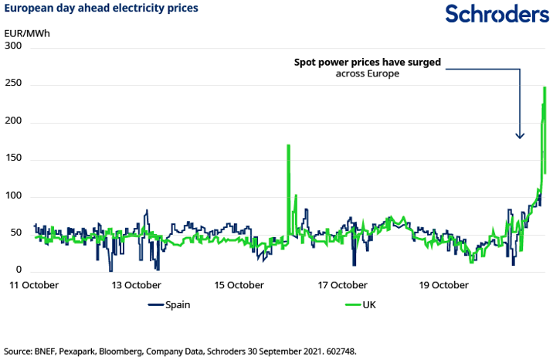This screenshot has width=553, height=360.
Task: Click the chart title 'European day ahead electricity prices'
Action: coord(101,8)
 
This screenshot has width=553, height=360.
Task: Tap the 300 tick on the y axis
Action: coord(14,47)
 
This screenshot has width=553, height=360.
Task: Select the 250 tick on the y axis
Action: coord(14,84)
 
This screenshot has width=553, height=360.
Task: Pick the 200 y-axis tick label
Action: coord(14,122)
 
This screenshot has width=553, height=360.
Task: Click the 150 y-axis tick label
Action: coord(14,159)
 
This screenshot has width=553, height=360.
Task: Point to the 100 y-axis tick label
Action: coord(14,196)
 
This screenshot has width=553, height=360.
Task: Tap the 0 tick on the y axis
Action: coord(19,270)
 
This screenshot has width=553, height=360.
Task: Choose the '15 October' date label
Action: coord(238,285)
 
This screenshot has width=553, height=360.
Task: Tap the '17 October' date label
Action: coord(341,285)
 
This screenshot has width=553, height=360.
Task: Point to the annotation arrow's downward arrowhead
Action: coord(520,136)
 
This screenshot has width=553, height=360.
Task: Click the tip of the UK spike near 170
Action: coord(288,145)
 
